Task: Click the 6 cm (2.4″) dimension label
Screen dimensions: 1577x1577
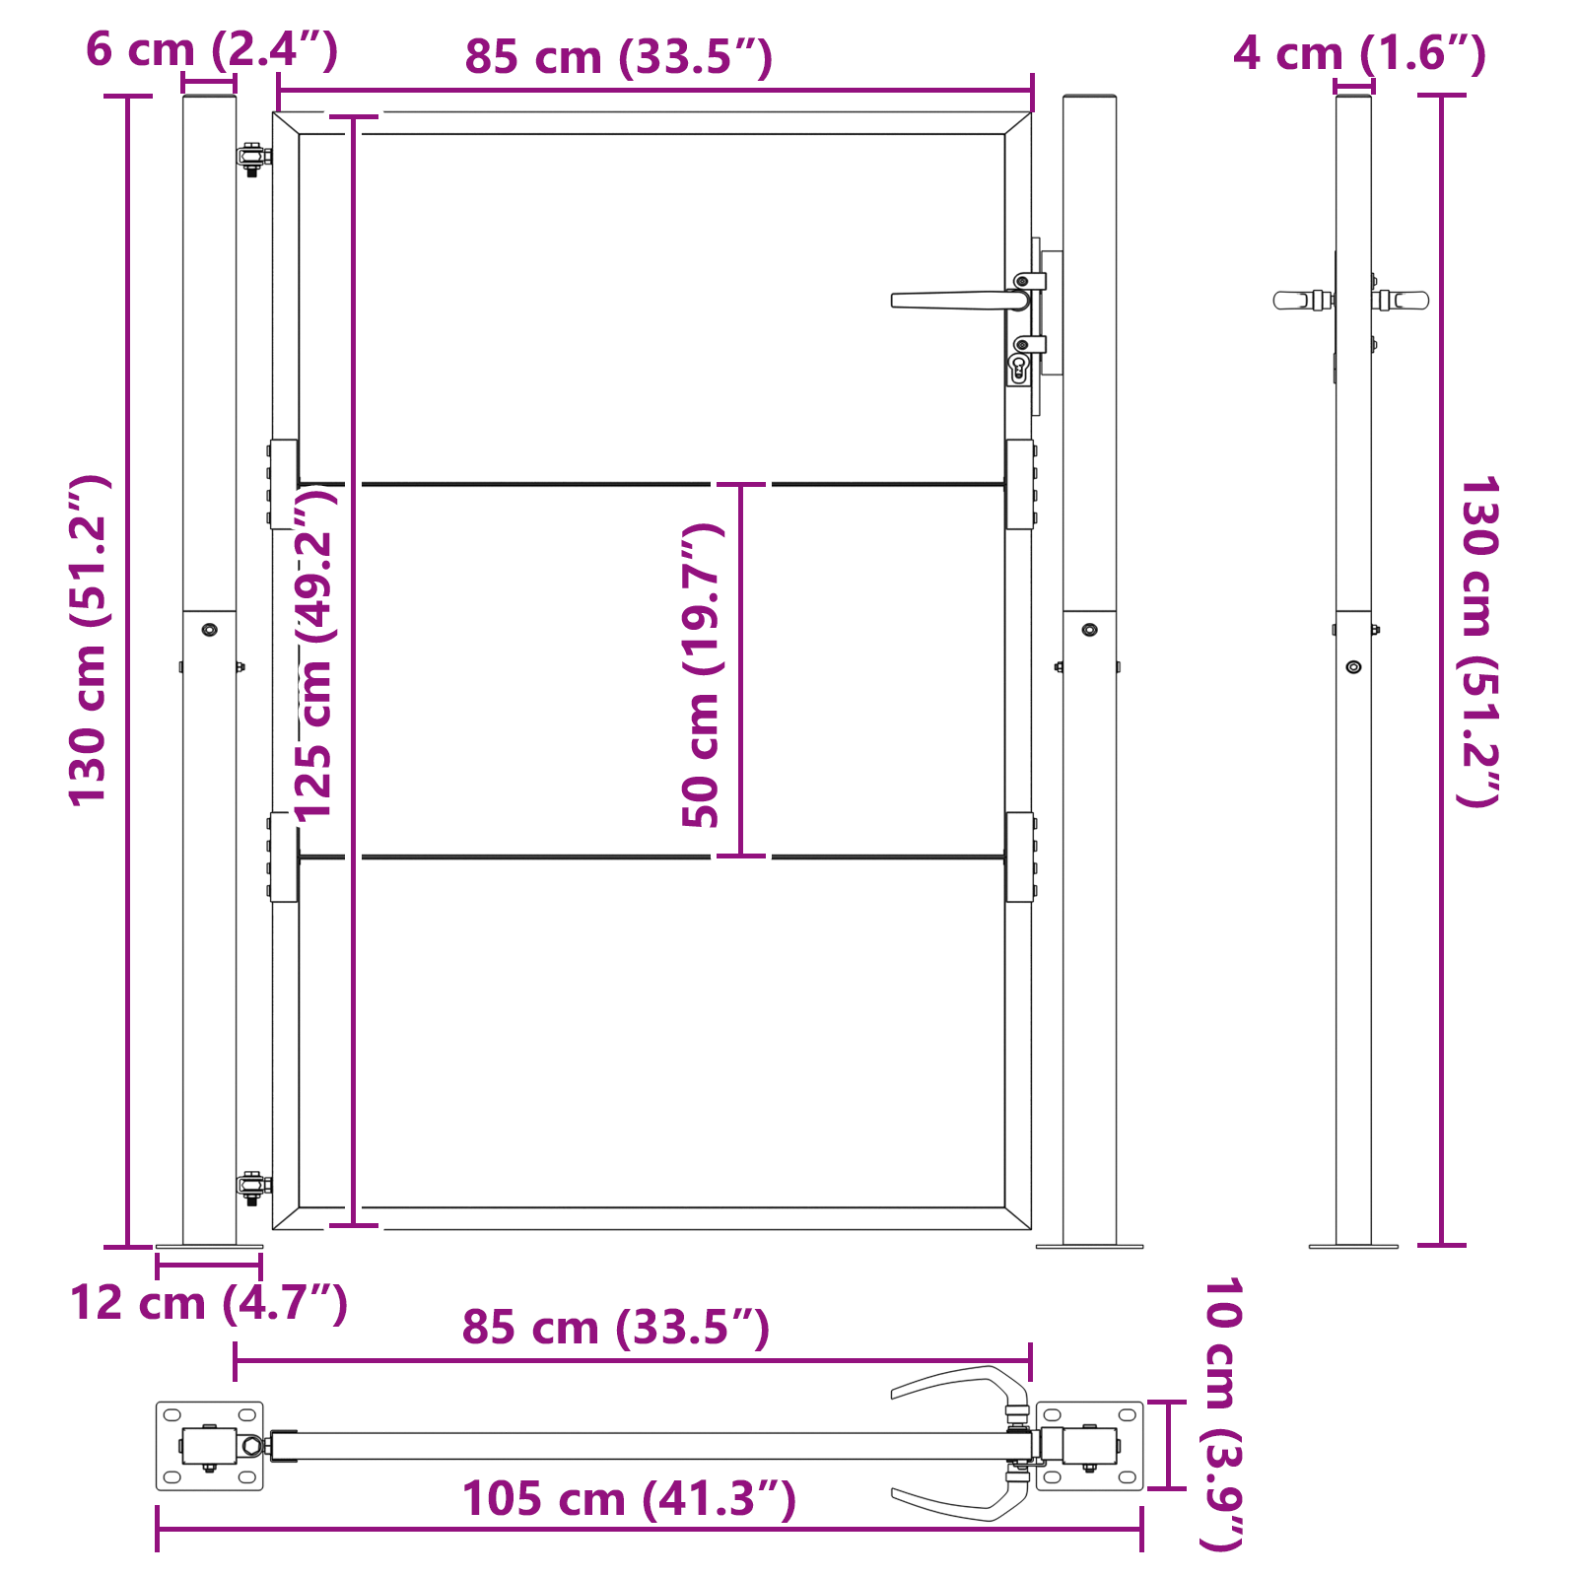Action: tap(211, 49)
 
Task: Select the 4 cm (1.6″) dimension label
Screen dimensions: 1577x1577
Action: tap(1359, 53)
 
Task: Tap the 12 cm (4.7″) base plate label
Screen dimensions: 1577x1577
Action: tap(209, 1303)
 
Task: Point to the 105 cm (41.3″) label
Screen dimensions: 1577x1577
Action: tap(629, 1499)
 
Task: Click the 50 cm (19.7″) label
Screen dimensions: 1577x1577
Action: tap(703, 674)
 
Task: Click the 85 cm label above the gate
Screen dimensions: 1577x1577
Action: tap(618, 57)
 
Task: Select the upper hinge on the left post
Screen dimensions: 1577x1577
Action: tap(253, 158)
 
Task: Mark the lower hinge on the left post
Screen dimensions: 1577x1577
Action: tap(253, 1187)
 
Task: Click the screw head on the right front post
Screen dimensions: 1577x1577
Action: tap(1089, 630)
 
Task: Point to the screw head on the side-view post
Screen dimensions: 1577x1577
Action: tap(1353, 667)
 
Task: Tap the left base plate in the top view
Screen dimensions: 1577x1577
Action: tap(209, 1446)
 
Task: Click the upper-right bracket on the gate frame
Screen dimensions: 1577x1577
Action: tap(1019, 484)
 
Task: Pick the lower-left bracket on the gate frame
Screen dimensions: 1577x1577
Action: tap(284, 857)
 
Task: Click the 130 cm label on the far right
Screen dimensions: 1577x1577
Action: tap(1478, 641)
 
